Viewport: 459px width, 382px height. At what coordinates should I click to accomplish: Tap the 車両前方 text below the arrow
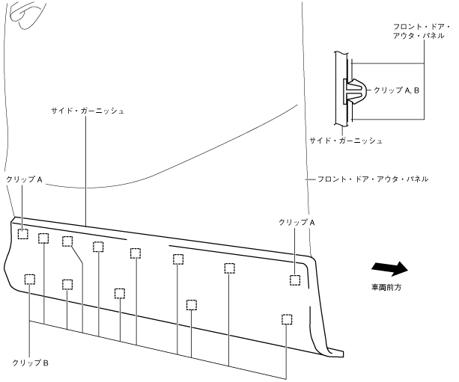point(388,288)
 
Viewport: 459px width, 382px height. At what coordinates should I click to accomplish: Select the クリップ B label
point(31,363)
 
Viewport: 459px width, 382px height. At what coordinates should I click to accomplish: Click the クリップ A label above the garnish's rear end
point(24,180)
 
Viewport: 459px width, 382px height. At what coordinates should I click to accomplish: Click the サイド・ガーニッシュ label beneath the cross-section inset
point(346,141)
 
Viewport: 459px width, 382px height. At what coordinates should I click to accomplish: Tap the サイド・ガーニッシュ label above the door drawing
point(87,111)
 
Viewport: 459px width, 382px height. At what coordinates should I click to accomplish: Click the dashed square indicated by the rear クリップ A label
point(23,234)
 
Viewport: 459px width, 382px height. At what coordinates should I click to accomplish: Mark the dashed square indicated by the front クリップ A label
point(296,280)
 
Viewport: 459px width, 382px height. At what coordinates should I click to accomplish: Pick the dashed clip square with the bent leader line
point(67,241)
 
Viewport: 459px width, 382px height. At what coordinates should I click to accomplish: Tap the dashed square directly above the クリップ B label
point(29,279)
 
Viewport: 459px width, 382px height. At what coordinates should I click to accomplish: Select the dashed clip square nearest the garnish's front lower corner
point(286,319)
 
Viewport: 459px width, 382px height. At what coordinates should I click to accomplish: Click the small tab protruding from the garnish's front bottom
point(335,351)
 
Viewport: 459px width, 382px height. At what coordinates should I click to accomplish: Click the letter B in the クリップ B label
point(46,363)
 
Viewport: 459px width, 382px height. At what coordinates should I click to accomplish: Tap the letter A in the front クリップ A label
point(312,223)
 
